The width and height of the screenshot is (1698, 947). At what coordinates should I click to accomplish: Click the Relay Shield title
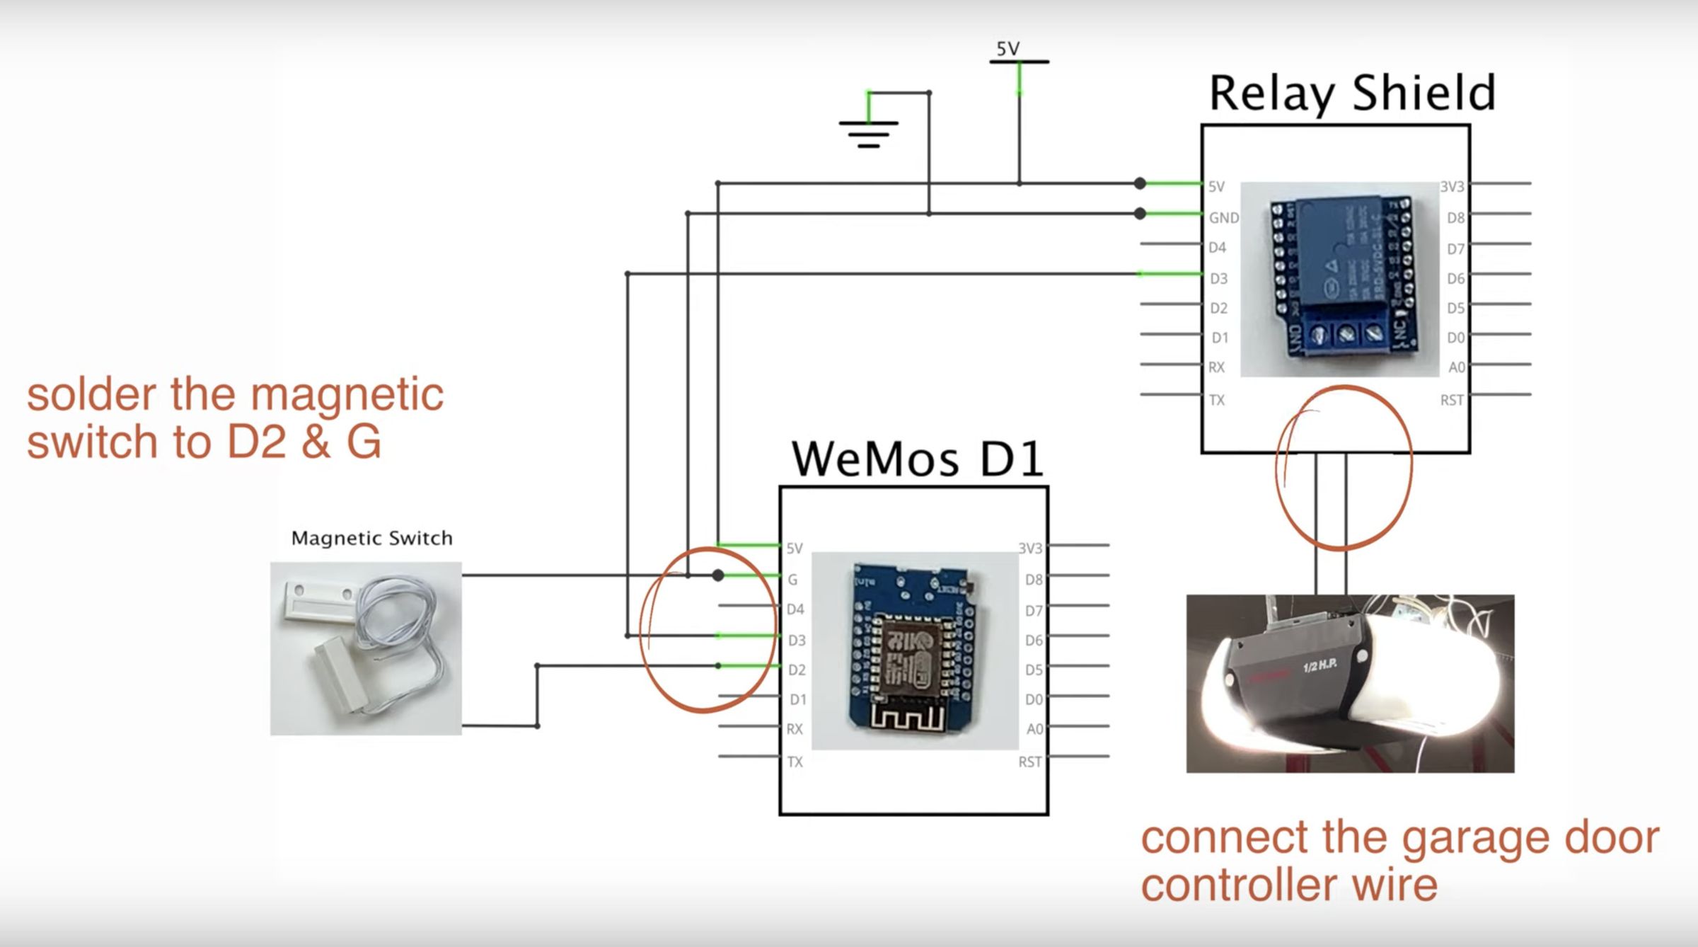tap(1352, 93)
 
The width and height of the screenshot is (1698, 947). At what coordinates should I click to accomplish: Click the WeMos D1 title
tap(917, 459)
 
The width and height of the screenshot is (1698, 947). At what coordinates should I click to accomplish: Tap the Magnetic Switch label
tap(371, 538)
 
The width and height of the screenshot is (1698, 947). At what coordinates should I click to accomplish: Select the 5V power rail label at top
tap(1008, 49)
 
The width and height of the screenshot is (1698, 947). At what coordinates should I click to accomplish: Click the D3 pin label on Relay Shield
tap(1218, 279)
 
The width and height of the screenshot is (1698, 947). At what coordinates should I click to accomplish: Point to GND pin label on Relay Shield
tap(1223, 218)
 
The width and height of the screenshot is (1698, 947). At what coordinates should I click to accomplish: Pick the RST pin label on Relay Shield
tap(1452, 401)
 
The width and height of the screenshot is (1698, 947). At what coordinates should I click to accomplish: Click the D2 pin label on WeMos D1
tap(797, 670)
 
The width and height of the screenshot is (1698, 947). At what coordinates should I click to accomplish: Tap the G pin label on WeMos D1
tap(792, 580)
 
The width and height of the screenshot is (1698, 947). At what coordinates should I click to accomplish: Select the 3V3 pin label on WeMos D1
tap(1030, 549)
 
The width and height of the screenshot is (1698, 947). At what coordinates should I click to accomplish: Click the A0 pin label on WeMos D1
tap(1034, 729)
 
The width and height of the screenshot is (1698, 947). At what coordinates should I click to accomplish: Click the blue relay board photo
tap(1339, 280)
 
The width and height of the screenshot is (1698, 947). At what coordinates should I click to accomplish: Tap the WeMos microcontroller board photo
tap(914, 650)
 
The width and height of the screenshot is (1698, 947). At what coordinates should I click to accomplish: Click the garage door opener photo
tap(1350, 683)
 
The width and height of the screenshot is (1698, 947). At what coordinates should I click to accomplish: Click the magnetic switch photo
tap(366, 648)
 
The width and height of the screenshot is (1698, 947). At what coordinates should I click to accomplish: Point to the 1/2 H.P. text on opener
tap(1320, 667)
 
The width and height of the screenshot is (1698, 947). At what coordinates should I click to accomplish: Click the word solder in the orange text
tap(91, 394)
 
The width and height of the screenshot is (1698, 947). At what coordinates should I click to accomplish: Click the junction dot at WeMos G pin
tap(718, 575)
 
